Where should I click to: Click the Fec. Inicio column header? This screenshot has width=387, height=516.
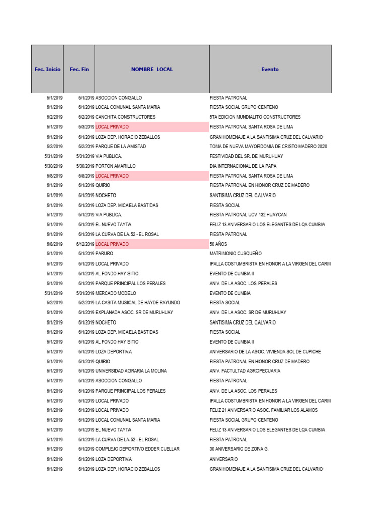(47, 69)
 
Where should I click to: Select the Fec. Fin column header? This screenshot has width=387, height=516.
(79, 69)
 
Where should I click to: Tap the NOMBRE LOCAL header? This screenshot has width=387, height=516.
(152, 69)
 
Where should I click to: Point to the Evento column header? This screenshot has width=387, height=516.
(270, 69)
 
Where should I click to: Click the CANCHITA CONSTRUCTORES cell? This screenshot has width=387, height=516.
(125, 117)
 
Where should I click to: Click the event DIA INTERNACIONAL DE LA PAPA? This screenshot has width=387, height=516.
(243, 166)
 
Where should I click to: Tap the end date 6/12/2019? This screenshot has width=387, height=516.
(85, 244)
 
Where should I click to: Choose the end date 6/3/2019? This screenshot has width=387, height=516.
(86, 127)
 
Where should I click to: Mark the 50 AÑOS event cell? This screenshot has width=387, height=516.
(216, 244)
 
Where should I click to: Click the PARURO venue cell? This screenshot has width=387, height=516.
(105, 254)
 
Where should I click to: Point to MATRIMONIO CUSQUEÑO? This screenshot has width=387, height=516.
(235, 254)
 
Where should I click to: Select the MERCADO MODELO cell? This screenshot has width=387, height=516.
(115, 293)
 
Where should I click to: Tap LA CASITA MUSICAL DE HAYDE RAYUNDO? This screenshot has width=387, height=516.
(138, 303)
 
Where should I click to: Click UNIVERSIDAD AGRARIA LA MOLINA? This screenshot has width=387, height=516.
(131, 371)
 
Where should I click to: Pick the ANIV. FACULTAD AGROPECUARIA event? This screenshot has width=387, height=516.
(245, 371)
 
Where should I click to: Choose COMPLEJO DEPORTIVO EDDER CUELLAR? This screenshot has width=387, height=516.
(137, 449)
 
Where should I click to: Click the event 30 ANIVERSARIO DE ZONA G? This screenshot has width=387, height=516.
(239, 449)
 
